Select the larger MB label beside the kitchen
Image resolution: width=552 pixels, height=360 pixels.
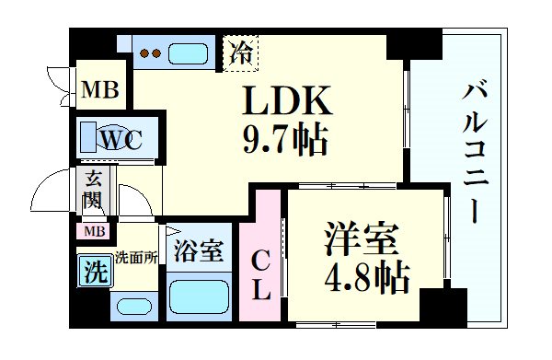(x=98, y=90)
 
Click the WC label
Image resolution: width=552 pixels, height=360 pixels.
(x=121, y=140)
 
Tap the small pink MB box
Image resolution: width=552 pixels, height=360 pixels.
(x=95, y=231)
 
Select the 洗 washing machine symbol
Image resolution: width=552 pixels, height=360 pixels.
(x=92, y=273)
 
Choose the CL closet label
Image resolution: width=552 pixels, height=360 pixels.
(x=261, y=274)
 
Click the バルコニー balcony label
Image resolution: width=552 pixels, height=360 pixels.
(x=475, y=151)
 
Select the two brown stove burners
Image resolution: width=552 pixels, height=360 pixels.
(x=150, y=53)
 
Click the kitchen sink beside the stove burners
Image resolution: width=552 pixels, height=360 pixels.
(x=190, y=52)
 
